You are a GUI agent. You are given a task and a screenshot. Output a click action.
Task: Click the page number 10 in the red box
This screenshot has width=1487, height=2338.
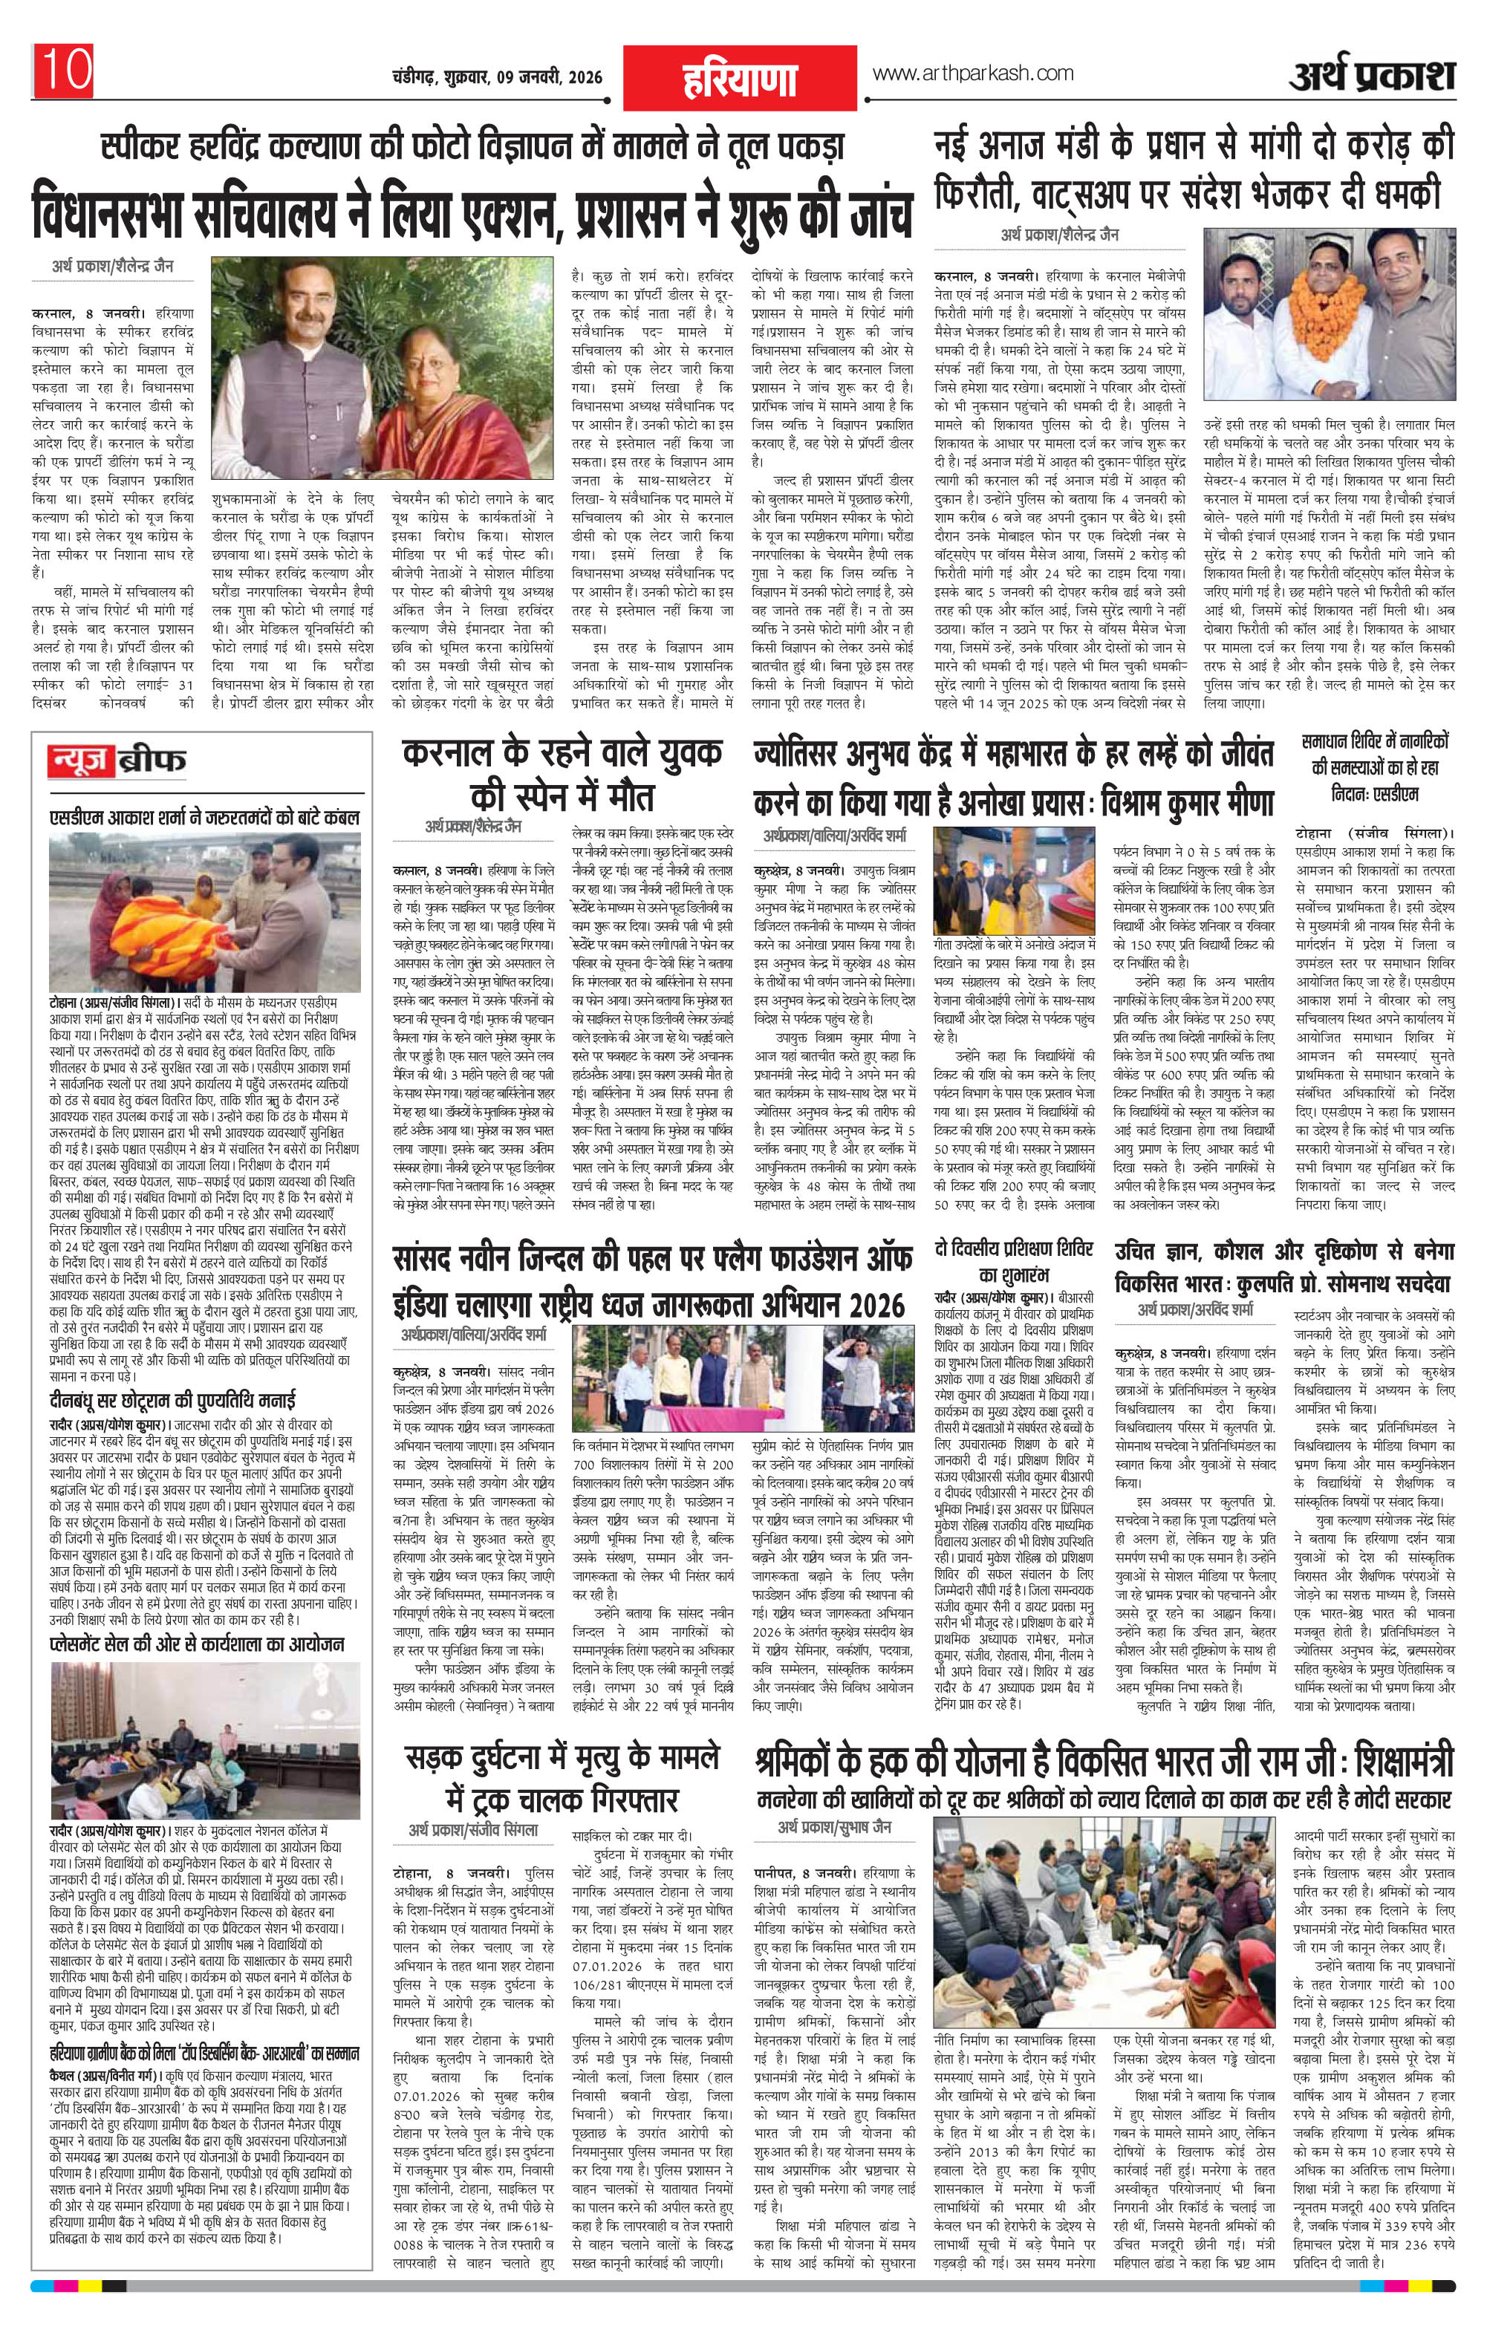pos(64,69)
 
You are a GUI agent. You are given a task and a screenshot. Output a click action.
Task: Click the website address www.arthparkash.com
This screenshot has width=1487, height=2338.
pos(973,73)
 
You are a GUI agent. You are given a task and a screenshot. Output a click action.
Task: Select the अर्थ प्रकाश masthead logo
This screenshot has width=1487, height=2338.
pos(1371,76)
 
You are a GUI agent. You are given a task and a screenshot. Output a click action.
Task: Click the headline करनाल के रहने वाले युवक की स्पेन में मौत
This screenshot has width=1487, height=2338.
pos(562,776)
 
